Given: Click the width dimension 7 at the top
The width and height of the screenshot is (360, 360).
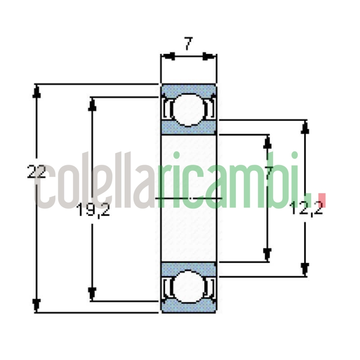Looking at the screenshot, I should click(189, 44).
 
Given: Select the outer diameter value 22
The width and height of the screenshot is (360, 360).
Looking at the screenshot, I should click(36, 172).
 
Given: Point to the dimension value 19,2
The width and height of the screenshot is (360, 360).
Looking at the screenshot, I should click(93, 210).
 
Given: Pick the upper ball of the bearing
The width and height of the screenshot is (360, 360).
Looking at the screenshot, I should click(189, 109).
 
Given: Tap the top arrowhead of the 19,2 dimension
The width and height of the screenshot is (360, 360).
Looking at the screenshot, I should click(92, 104).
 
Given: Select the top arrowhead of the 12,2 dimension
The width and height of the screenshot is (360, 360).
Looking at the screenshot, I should click(306, 127).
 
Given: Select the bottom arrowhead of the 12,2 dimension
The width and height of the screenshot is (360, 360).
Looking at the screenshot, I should click(306, 269).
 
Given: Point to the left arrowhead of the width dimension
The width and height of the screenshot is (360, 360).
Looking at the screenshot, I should click(168, 56).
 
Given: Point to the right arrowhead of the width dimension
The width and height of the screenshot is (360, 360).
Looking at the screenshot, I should click(210, 56).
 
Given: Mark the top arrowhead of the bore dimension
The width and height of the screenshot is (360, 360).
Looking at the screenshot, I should click(268, 141).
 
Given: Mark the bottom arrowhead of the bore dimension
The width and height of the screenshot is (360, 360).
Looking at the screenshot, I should click(268, 254).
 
